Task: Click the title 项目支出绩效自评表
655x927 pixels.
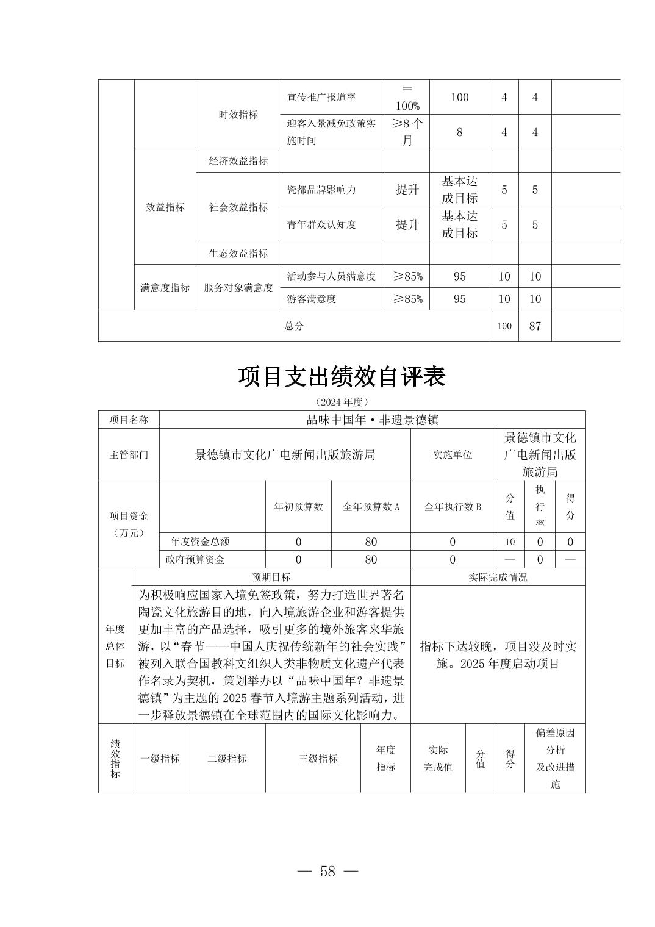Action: tap(342, 376)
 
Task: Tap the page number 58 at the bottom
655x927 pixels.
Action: tap(327, 871)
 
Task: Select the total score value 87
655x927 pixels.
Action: tap(535, 326)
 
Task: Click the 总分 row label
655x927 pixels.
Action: tap(293, 326)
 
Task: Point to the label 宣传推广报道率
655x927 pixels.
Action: tap(321, 97)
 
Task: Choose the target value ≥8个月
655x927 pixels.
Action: tap(407, 132)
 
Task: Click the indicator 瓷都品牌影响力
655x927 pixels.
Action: tap(321, 190)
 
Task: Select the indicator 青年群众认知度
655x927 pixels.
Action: tap(321, 224)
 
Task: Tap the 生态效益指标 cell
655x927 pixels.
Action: tap(238, 253)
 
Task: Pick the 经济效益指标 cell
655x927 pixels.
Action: tap(238, 161)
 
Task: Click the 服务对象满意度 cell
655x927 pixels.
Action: tap(238, 287)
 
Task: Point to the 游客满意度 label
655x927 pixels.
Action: tap(312, 299)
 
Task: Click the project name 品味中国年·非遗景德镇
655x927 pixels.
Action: tap(372, 420)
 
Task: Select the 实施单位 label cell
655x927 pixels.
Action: tap(453, 454)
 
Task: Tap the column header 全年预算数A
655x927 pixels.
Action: tap(371, 507)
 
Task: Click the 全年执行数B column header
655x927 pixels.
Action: tap(453, 507)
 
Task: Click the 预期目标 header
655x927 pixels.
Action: tap(271, 577)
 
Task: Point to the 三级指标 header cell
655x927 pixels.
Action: tap(318, 759)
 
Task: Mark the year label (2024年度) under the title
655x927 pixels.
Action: tap(342, 402)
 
